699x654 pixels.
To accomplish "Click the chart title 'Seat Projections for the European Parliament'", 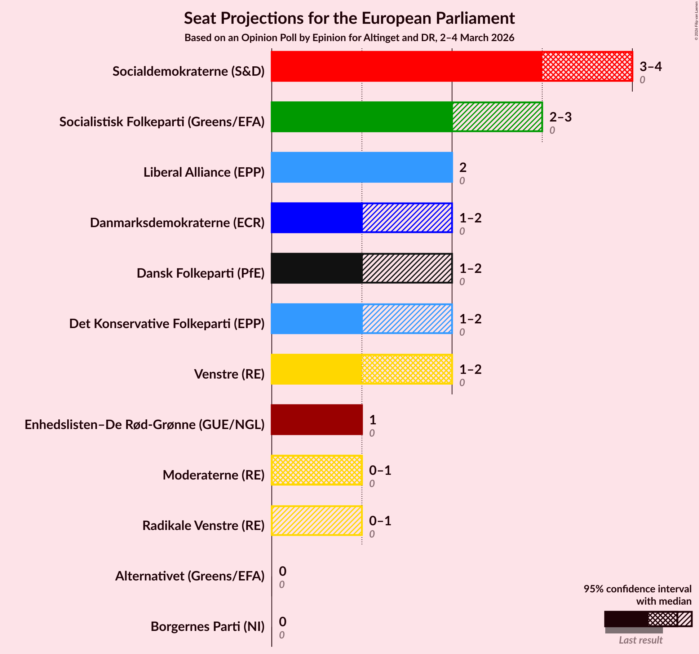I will click(349, 18).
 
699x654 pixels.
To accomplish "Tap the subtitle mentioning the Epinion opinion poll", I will click(349, 38).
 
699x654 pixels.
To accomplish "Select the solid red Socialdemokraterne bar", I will click(406, 66).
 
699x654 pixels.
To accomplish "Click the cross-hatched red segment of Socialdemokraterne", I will click(587, 66).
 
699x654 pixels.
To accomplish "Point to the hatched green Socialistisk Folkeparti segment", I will click(497, 117).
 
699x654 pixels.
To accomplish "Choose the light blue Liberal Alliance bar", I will click(362, 167).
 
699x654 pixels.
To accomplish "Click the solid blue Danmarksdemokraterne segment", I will click(317, 218).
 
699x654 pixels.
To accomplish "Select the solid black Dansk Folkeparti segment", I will click(317, 268).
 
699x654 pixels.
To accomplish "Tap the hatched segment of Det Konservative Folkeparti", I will click(407, 319).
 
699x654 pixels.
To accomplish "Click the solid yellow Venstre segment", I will click(317, 369).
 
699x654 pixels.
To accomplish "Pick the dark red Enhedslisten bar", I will click(317, 420).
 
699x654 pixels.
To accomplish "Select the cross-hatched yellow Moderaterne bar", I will click(317, 470).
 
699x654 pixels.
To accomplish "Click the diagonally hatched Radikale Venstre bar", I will click(317, 521).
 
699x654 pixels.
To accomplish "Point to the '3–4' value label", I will click(650, 67).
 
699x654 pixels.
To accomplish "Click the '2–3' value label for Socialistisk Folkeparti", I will click(560, 117).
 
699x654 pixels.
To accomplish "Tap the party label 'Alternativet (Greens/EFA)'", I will click(190, 576).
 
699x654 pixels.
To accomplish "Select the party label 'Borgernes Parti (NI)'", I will click(207, 627).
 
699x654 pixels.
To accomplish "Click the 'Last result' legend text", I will click(640, 640).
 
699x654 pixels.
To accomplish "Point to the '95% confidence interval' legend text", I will click(637, 589).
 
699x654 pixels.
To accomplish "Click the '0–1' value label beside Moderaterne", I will click(380, 470).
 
